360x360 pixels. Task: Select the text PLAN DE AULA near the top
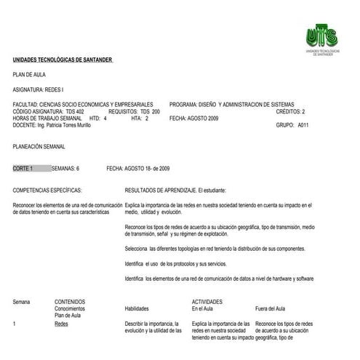29,74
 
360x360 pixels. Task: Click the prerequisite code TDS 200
151,111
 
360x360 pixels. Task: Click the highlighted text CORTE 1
23,167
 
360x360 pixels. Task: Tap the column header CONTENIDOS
70,300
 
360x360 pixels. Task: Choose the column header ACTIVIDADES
207,300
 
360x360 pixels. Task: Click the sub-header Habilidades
141,308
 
